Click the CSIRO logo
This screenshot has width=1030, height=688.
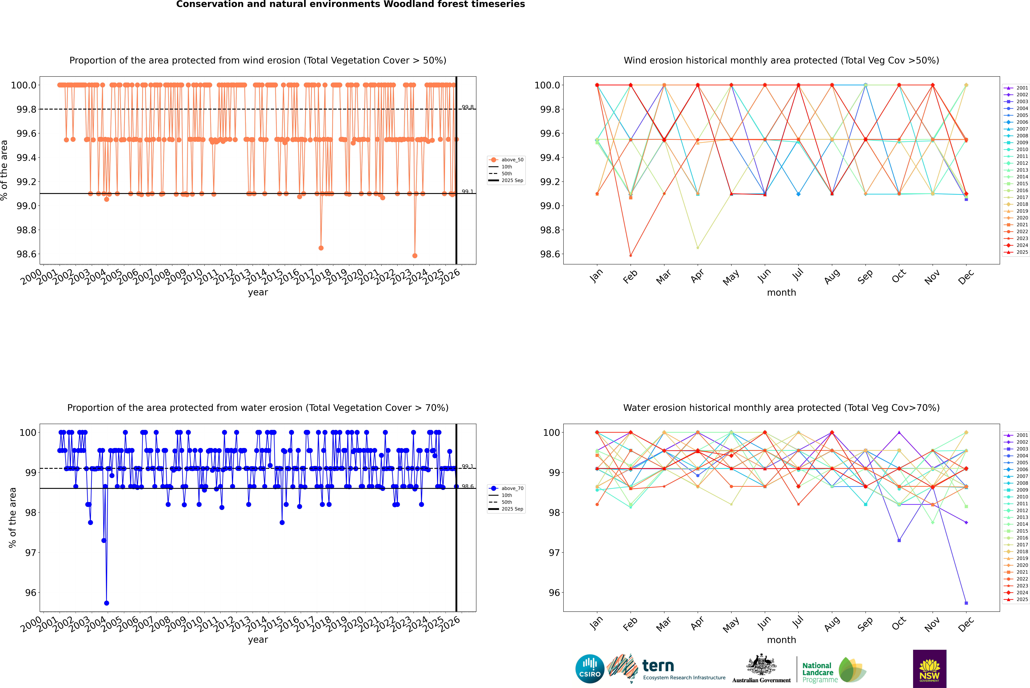(590, 669)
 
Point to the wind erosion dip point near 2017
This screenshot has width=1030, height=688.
(321, 248)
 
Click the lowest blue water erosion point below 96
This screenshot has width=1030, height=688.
(106, 603)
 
